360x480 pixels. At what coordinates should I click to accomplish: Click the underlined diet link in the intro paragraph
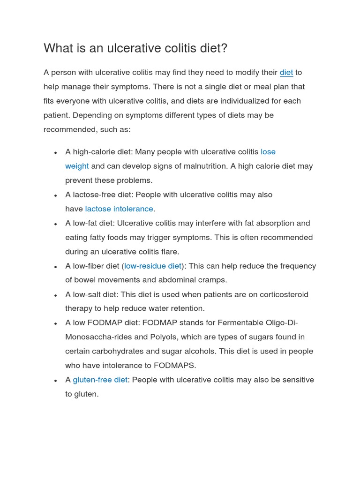[x=286, y=73]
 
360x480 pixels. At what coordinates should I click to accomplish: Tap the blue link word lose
[x=268, y=152]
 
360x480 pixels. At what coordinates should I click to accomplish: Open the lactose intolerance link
[x=119, y=209]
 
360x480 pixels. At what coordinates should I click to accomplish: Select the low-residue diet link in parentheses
[x=153, y=266]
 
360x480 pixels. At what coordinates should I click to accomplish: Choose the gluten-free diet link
[x=100, y=380]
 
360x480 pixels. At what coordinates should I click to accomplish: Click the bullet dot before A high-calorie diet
[x=55, y=153]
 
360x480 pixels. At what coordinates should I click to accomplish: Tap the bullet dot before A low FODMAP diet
[x=55, y=324]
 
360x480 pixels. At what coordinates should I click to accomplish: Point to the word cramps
[x=214, y=280]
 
